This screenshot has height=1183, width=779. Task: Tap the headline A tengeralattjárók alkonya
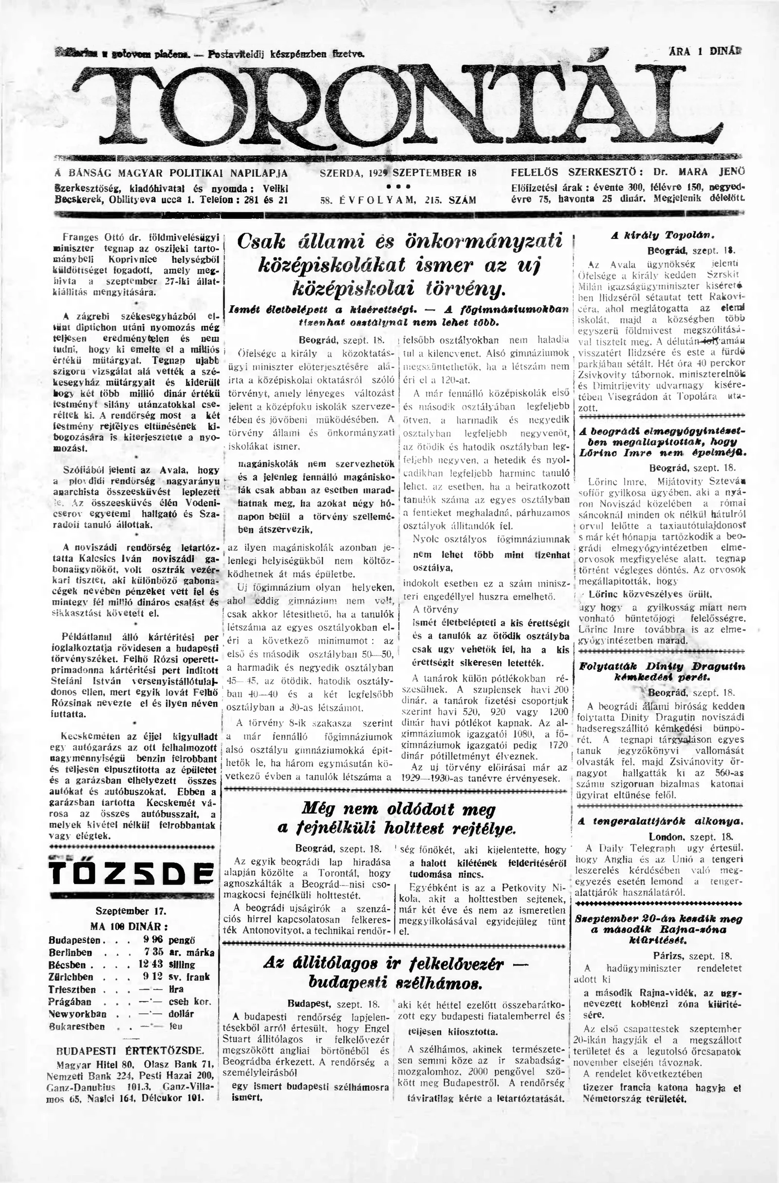[660, 821]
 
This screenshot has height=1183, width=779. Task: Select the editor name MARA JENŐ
[706, 173]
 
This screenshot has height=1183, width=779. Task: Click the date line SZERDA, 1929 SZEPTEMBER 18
[398, 173]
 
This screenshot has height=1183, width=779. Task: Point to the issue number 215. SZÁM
[451, 200]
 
